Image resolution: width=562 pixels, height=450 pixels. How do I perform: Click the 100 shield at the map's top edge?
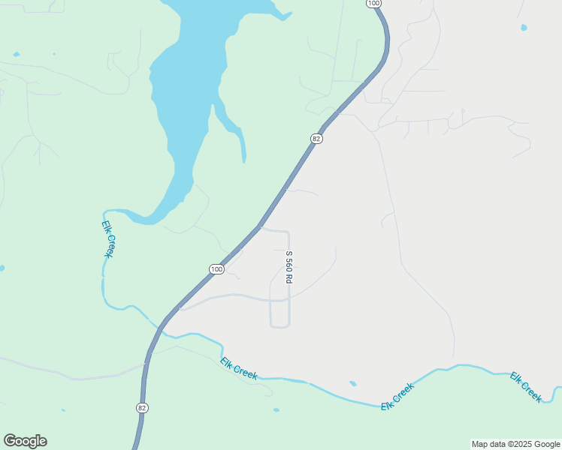coord(373,4)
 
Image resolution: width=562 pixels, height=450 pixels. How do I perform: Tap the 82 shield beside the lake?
coord(316,139)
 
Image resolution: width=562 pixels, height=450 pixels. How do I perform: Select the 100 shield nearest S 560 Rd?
coord(216,269)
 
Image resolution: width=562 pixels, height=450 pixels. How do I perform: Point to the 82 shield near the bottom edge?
coord(142,407)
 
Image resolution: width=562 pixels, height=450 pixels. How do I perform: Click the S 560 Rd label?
coord(289,267)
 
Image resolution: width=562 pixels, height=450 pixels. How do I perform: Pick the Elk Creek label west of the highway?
coord(108,238)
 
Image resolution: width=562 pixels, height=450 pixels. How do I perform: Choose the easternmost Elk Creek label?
coord(526,387)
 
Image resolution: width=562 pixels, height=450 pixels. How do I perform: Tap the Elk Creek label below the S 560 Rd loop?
coord(239,368)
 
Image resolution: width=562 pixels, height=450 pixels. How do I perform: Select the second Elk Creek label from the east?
coord(397,397)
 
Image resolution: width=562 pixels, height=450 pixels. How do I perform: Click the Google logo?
coord(25,441)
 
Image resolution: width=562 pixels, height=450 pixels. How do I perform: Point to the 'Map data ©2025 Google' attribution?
coord(516,444)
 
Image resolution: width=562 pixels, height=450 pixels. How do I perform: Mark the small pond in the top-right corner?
coord(524,28)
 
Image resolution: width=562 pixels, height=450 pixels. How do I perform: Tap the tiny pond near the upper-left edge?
coord(16,54)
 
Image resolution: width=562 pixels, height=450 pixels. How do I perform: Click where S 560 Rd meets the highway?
coord(260,226)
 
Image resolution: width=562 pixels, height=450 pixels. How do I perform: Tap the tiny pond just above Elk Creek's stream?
coord(352,383)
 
